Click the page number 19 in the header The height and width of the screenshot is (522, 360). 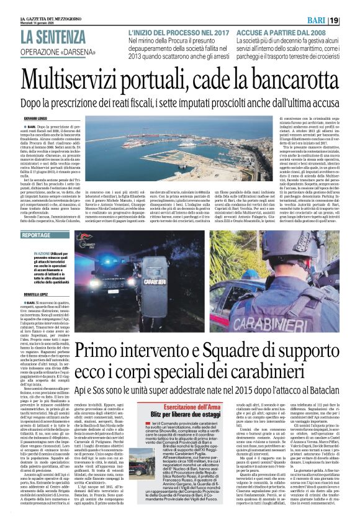349,20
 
